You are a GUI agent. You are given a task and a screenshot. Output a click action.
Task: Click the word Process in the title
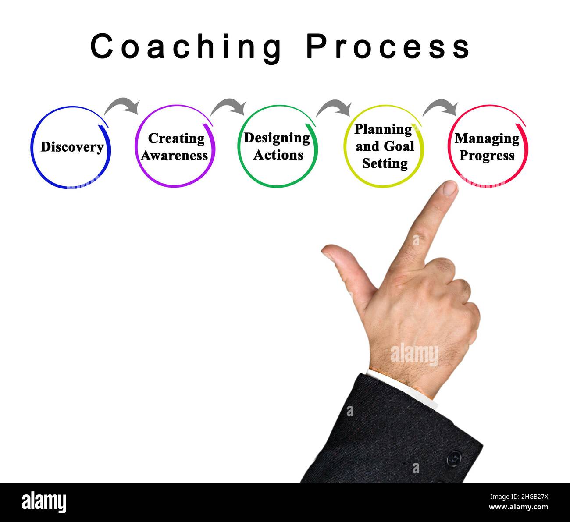[x=388, y=47]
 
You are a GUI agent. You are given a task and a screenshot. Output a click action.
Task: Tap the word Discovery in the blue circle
[x=72, y=147]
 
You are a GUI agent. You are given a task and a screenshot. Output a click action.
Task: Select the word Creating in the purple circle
[x=176, y=138]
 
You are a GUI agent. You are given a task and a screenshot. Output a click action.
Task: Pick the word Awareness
[x=175, y=156]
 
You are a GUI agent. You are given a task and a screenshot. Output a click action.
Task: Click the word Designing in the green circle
[x=277, y=138]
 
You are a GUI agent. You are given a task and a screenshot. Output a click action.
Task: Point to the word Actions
[x=278, y=155]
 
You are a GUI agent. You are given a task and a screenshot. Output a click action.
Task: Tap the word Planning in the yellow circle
[x=383, y=129]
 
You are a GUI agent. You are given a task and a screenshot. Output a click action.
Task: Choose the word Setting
[x=385, y=163]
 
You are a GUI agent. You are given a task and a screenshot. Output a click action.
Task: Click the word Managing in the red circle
[x=487, y=138]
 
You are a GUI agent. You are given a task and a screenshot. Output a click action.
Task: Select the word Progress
[x=487, y=156]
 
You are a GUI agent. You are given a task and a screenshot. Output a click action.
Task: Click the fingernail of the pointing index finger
[x=449, y=188]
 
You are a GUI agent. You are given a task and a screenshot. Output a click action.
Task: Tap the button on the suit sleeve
[x=454, y=458]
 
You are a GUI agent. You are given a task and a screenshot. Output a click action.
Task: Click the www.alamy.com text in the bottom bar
[x=518, y=507]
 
